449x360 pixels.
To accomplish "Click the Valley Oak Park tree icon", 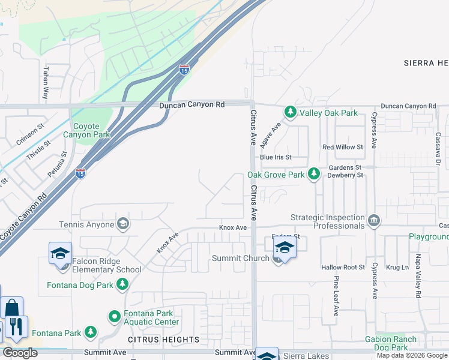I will click(291, 112).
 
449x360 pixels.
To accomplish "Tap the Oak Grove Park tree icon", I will click(313, 175).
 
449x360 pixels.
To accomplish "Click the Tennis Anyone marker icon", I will click(123, 224).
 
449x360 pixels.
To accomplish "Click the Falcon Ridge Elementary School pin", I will click(60, 253).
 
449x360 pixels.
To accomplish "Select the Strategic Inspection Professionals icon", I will click(374, 221).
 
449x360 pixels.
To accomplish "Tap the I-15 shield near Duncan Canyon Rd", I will click(184, 70).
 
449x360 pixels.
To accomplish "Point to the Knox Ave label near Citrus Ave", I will click(233, 228).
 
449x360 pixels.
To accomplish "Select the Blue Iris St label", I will click(276, 157).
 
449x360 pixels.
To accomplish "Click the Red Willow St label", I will click(343, 147).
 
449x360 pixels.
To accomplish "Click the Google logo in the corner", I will click(20, 353).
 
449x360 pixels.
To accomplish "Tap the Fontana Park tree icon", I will click(90, 332).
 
